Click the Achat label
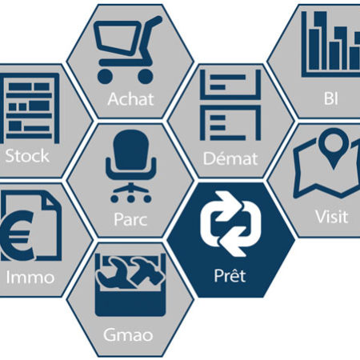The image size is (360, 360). pos(130,99)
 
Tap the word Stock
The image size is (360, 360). pos(27,156)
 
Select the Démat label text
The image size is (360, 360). pos(230,158)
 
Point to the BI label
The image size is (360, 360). pos(331,98)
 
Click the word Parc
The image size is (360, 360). pos(130,219)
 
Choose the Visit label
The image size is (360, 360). pos(332,216)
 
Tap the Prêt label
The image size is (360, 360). pos(230,275)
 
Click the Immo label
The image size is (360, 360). pos(30,278)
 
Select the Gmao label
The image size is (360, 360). pos(128,335)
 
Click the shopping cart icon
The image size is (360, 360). pos(127,50)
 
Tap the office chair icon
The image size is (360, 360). pos(130,166)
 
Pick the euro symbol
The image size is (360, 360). pos(18,235)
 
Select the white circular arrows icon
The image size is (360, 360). pos(230,224)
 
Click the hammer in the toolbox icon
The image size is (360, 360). pos(146,270)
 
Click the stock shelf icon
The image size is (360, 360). pos(30,108)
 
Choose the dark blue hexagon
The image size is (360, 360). pos(231,240)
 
